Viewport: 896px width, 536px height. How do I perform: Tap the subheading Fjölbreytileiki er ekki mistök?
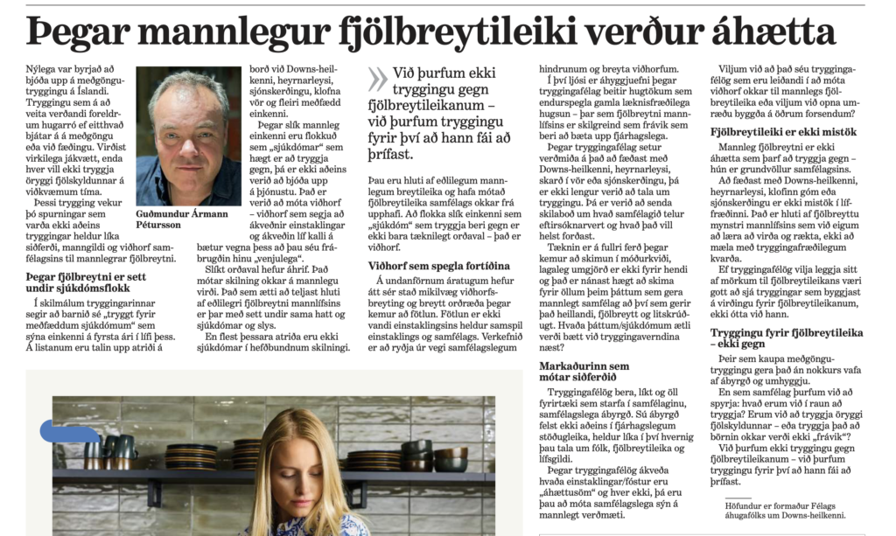click(x=782, y=132)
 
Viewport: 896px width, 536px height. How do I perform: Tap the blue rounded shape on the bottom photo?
click(x=70, y=431)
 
